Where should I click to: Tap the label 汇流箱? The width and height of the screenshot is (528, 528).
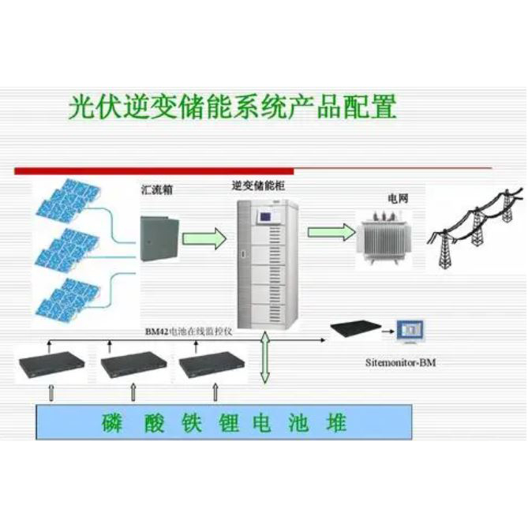coord(155,190)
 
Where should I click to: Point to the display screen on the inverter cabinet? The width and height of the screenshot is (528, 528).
coord(273,214)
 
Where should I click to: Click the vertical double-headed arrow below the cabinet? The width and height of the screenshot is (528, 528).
coord(266,356)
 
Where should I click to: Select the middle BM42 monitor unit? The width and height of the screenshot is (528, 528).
coord(133,365)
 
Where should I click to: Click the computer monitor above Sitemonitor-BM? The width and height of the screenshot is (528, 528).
coord(411,331)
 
